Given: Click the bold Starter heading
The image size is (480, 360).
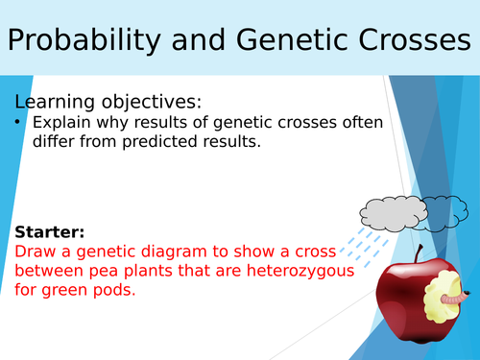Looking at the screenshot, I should click(x=49, y=232).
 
